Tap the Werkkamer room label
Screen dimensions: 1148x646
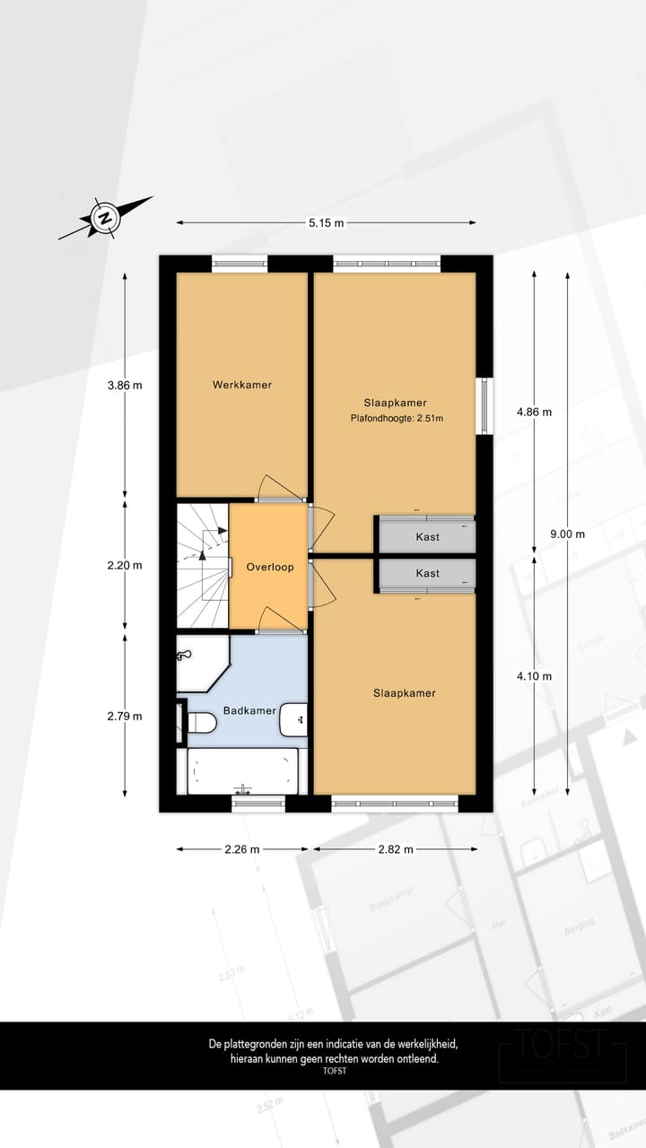coord(241,385)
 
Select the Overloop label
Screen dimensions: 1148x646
coord(270,567)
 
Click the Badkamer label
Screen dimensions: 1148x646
coord(249,710)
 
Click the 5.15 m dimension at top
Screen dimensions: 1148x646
coord(326,223)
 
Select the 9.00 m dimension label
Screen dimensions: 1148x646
coord(567,534)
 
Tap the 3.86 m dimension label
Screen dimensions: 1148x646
coord(125,386)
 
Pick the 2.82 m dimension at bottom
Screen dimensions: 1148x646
coord(396,849)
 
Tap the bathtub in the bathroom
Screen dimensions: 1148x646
coord(242,770)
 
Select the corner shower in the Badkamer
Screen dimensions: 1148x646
coord(199,663)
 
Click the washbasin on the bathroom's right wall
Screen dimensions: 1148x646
coord(294,719)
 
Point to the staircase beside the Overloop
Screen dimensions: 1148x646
coord(202,565)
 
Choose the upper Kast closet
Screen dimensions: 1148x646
coord(427,536)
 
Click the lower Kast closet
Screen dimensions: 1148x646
coord(427,573)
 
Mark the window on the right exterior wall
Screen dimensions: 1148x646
coord(485,404)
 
